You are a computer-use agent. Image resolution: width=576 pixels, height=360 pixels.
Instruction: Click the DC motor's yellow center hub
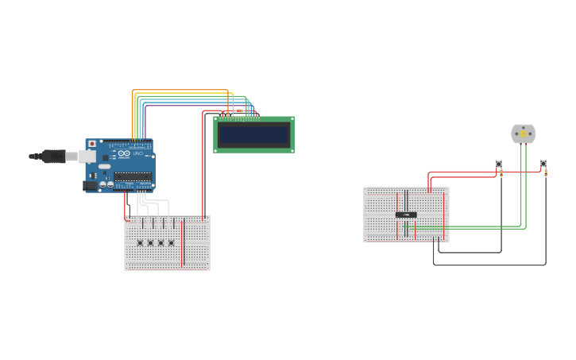(523, 134)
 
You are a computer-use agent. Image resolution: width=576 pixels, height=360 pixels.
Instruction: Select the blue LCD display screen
(253, 134)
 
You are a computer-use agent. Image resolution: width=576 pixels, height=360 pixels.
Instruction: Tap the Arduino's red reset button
(92, 144)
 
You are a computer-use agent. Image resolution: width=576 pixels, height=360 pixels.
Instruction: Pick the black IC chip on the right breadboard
(406, 215)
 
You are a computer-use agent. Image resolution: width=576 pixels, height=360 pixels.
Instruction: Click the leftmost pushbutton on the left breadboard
(140, 242)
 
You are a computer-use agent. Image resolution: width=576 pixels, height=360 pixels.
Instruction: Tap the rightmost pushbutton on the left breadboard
(171, 242)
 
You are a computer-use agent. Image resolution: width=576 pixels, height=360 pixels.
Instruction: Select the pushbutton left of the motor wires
(499, 164)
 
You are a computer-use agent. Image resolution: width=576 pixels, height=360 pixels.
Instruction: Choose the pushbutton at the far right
(543, 164)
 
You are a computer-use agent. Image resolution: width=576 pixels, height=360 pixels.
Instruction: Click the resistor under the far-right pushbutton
(546, 173)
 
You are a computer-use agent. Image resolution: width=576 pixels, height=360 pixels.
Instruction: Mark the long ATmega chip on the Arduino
(132, 176)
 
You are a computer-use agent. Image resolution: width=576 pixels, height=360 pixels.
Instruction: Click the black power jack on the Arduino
(90, 186)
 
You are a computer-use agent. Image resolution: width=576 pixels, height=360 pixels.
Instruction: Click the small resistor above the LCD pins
(238, 110)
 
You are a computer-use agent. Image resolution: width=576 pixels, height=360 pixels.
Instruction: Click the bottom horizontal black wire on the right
(489, 265)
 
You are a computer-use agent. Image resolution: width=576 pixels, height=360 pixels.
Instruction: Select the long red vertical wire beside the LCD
(203, 167)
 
